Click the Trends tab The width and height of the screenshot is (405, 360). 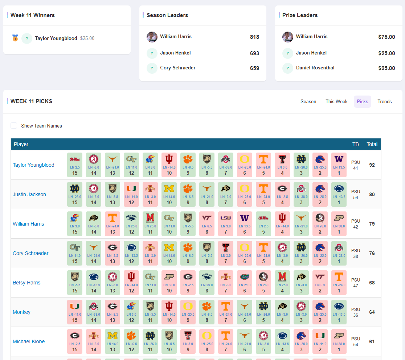tap(384, 102)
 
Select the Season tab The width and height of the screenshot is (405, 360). tap(308, 102)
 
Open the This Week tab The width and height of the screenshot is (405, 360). tap(336, 102)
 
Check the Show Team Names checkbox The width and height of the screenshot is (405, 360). tap(14, 126)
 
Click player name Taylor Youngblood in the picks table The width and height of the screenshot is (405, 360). tap(33, 165)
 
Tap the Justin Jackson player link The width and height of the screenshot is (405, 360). tap(29, 194)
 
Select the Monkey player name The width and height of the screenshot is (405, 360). tap(21, 312)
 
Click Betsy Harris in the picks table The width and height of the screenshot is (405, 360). tap(26, 283)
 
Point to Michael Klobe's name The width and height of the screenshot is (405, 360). tap(29, 341)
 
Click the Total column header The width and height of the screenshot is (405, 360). tap(372, 144)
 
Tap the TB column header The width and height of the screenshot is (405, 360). tap(355, 144)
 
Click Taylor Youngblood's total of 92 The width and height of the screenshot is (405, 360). tap(372, 165)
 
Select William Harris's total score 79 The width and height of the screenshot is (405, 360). tap(372, 224)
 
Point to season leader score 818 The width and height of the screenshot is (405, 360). tap(254, 37)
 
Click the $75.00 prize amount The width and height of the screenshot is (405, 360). tap(386, 37)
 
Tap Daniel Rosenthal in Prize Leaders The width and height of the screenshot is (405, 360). tap(315, 68)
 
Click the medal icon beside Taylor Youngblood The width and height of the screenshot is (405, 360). tap(15, 38)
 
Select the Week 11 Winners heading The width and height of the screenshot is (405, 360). tap(33, 15)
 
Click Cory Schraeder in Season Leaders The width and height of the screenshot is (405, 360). tap(178, 68)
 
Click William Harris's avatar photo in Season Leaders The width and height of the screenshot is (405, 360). tap(152, 37)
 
